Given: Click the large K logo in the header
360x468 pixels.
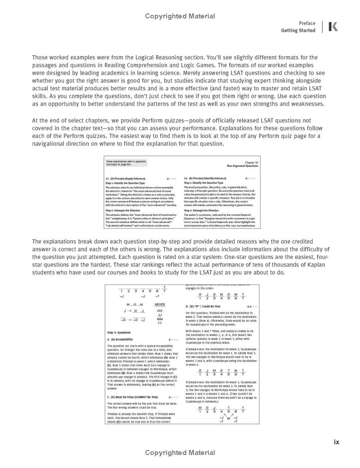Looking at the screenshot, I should pos(333,27).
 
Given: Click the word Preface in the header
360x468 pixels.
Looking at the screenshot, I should pos(307,23).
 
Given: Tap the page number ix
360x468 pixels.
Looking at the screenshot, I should pos(336,442).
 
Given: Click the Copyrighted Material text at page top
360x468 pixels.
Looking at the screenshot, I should pos(180,16).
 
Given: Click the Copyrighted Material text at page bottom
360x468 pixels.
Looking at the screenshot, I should pos(180,453).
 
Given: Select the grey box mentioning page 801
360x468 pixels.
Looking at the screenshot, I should pos(126,163).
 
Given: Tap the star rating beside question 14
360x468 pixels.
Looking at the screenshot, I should pos(250,178).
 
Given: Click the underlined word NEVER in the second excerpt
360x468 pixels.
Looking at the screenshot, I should pos(159,304).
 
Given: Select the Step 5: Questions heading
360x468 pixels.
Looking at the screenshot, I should pos(119,333).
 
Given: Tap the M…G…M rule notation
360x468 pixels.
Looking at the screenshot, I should pos(130,304).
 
